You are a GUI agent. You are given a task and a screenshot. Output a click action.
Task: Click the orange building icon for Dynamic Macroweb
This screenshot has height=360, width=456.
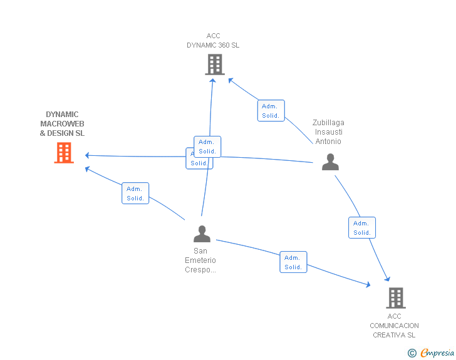[64, 153]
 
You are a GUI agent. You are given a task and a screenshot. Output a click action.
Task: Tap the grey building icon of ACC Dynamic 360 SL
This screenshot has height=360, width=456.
[214, 64]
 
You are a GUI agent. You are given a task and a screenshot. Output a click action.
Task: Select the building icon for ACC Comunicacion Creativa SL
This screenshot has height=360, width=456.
[395, 298]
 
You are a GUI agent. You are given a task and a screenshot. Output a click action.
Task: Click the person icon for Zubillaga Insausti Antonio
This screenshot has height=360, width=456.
[330, 162]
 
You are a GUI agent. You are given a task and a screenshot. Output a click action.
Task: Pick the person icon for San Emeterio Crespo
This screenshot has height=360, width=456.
[202, 234]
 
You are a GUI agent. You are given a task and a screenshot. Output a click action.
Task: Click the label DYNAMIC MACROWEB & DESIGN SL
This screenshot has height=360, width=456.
[62, 124]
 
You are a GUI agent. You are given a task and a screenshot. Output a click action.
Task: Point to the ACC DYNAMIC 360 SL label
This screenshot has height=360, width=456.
[213, 41]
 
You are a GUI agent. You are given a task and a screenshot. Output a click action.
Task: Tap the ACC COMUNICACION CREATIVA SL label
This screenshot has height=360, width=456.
[394, 326]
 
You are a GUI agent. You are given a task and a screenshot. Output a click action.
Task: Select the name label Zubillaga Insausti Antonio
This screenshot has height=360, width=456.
[328, 132]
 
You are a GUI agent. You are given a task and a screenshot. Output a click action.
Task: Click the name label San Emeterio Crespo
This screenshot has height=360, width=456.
[200, 260]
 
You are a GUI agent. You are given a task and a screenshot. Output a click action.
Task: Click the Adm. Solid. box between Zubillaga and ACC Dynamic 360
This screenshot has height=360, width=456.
[271, 111]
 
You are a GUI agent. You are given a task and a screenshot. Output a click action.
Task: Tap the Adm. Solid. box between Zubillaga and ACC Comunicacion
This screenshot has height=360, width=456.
[362, 228]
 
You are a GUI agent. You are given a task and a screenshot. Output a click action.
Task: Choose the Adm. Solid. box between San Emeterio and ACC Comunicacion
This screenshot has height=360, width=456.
[293, 262]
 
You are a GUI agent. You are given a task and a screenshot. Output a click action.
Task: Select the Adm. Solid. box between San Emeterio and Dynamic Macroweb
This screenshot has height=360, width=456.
[135, 193]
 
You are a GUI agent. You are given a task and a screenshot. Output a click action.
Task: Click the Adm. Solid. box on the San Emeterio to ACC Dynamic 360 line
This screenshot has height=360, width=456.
[207, 147]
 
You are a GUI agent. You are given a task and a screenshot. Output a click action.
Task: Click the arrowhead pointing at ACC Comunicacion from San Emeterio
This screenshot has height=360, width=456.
[369, 285]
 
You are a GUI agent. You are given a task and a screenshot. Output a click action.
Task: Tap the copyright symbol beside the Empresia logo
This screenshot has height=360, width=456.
[412, 353]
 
